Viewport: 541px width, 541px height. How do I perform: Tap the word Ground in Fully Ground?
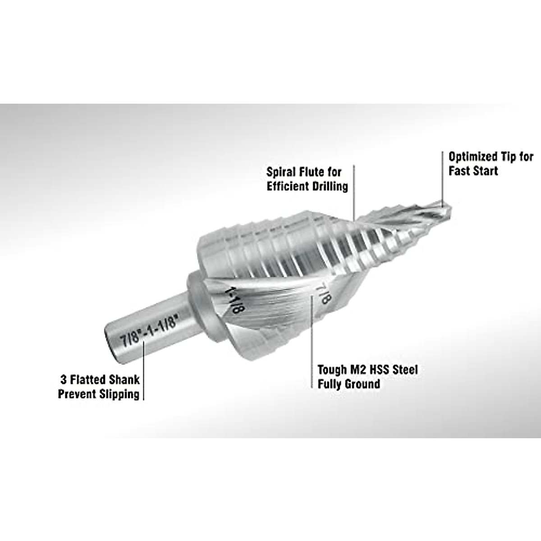click(362, 384)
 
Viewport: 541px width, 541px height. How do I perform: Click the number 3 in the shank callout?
click(63, 379)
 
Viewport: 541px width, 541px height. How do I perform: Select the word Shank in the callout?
click(123, 379)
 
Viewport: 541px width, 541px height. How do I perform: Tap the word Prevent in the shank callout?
click(76, 394)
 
